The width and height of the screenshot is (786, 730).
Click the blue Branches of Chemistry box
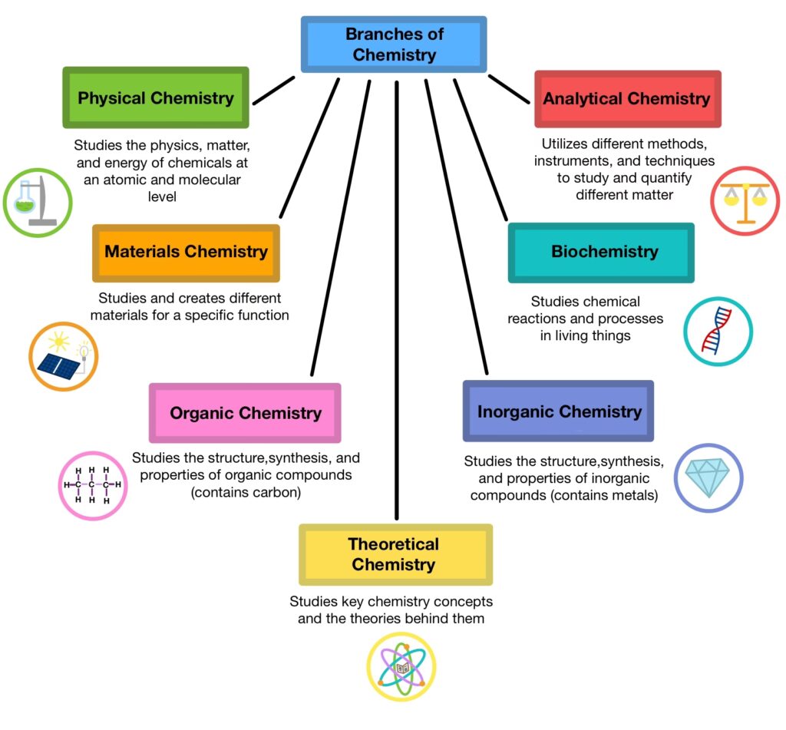393,45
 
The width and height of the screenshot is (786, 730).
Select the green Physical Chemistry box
156,98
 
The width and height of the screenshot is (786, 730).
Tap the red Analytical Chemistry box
627,99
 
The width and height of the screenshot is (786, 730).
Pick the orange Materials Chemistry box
186,252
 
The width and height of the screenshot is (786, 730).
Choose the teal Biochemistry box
601,252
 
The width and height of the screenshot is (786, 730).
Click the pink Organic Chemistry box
245,413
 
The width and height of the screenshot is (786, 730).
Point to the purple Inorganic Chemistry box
559,411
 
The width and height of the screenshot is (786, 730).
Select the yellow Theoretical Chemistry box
394,554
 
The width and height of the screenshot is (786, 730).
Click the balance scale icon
745,200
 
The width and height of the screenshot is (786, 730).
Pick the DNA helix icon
718,331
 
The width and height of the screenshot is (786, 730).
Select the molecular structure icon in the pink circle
93,486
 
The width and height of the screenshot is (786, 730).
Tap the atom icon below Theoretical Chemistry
401,667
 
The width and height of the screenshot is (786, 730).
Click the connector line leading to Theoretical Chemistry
397,307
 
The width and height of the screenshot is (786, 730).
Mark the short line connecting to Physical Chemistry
273,89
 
